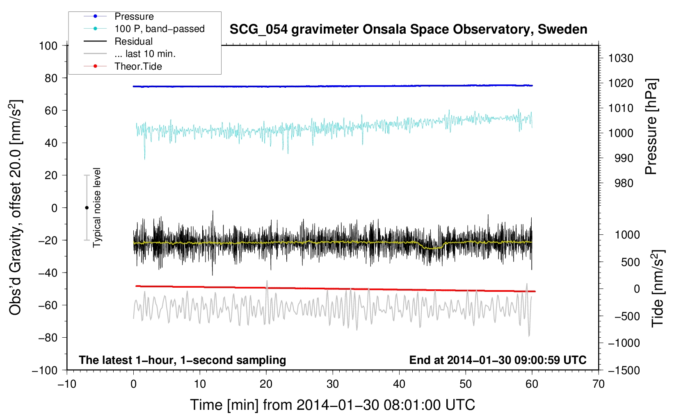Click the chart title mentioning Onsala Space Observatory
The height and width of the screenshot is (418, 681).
(x=408, y=30)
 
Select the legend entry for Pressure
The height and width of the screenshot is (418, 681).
(x=134, y=16)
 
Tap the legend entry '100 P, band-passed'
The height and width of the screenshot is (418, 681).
(x=159, y=29)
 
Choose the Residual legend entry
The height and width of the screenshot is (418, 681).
(x=133, y=41)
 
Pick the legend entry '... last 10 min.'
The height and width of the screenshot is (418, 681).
(x=145, y=54)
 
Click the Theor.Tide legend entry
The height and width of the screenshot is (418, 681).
(x=138, y=66)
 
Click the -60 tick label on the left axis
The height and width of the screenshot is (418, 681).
(x=48, y=305)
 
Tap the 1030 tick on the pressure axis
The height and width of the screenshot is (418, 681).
(x=621, y=58)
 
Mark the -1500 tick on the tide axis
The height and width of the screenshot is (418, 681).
(x=624, y=370)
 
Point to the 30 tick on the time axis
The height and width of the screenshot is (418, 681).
(x=333, y=384)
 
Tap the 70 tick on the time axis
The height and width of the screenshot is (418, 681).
(x=599, y=384)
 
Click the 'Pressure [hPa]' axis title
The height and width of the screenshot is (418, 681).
(x=651, y=127)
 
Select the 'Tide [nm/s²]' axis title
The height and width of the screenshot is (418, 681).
(x=658, y=289)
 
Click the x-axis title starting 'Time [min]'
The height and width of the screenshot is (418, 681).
(x=333, y=405)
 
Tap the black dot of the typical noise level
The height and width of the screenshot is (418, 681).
(x=87, y=208)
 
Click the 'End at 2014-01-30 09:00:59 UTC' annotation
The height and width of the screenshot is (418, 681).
(x=498, y=360)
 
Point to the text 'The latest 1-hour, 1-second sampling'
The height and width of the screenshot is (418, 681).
(x=183, y=360)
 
